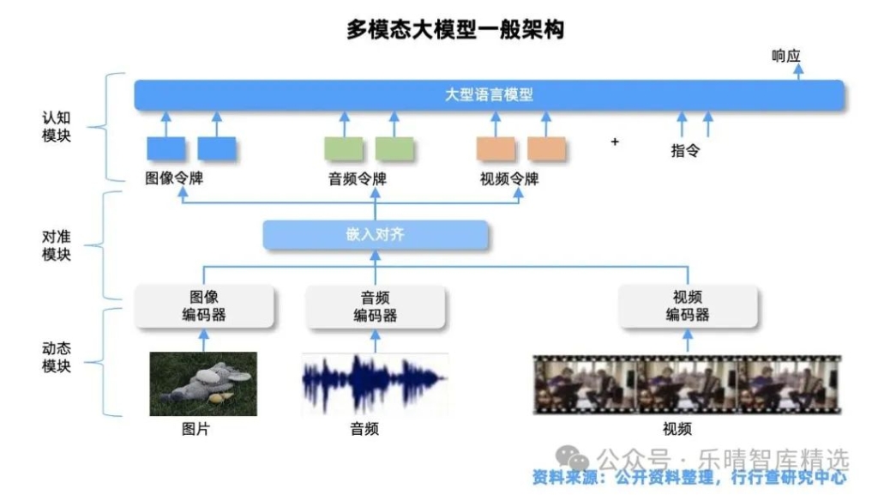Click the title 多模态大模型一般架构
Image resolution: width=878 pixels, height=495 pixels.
point(454,29)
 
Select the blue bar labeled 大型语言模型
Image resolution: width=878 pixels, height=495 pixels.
point(489,94)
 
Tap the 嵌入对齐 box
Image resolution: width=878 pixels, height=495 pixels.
point(376,234)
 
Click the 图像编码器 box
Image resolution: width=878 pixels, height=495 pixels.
point(204,305)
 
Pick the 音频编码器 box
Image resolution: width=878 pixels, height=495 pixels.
point(376,306)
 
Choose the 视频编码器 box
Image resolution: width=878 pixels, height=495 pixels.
point(688,305)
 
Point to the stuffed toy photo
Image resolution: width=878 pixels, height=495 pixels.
point(203,383)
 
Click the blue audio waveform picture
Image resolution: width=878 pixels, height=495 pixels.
point(375,383)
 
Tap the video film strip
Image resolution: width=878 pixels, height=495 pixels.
point(687,384)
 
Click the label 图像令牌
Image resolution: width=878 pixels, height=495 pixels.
point(174,178)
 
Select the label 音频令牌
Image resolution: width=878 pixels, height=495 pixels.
point(358,178)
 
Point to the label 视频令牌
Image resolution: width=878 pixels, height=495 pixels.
point(509,178)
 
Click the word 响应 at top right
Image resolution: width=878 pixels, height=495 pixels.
point(785,56)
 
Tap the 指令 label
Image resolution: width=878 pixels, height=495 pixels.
point(685,150)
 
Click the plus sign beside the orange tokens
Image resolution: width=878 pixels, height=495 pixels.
point(615,142)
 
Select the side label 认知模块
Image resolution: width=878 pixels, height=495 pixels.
point(56,127)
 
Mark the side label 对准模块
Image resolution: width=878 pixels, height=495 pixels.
point(56,245)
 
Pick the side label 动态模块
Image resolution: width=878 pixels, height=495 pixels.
point(56,357)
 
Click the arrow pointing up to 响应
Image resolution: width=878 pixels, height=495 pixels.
point(798,72)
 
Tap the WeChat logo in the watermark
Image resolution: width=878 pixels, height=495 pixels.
point(572,459)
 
